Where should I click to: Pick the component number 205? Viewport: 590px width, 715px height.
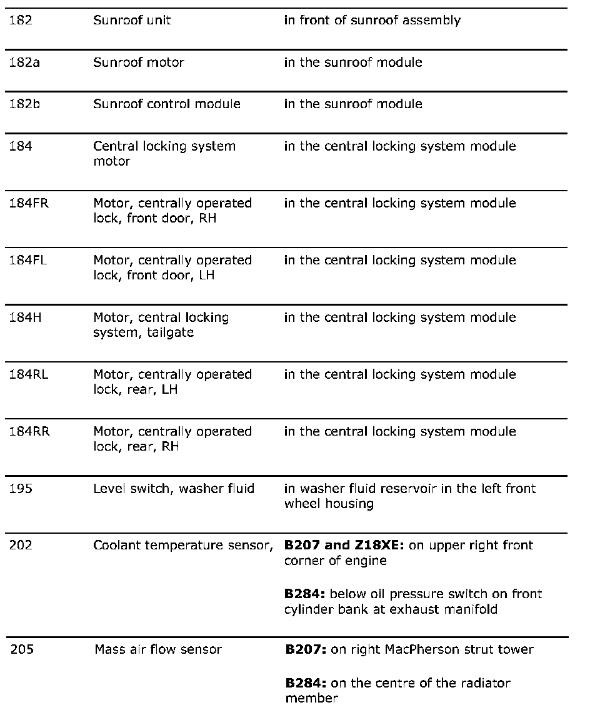click(x=22, y=649)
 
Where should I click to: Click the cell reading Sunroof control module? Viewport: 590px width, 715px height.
click(x=166, y=104)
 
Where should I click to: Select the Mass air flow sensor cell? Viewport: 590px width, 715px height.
click(x=158, y=649)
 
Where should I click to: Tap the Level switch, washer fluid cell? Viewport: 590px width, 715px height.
click(x=174, y=489)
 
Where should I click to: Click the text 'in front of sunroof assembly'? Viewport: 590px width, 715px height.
click(x=372, y=20)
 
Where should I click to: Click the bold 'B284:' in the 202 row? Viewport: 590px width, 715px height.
click(x=304, y=594)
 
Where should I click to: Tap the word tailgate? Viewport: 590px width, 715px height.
click(x=170, y=332)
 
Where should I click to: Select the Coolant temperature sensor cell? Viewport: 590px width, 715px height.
click(x=183, y=545)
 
